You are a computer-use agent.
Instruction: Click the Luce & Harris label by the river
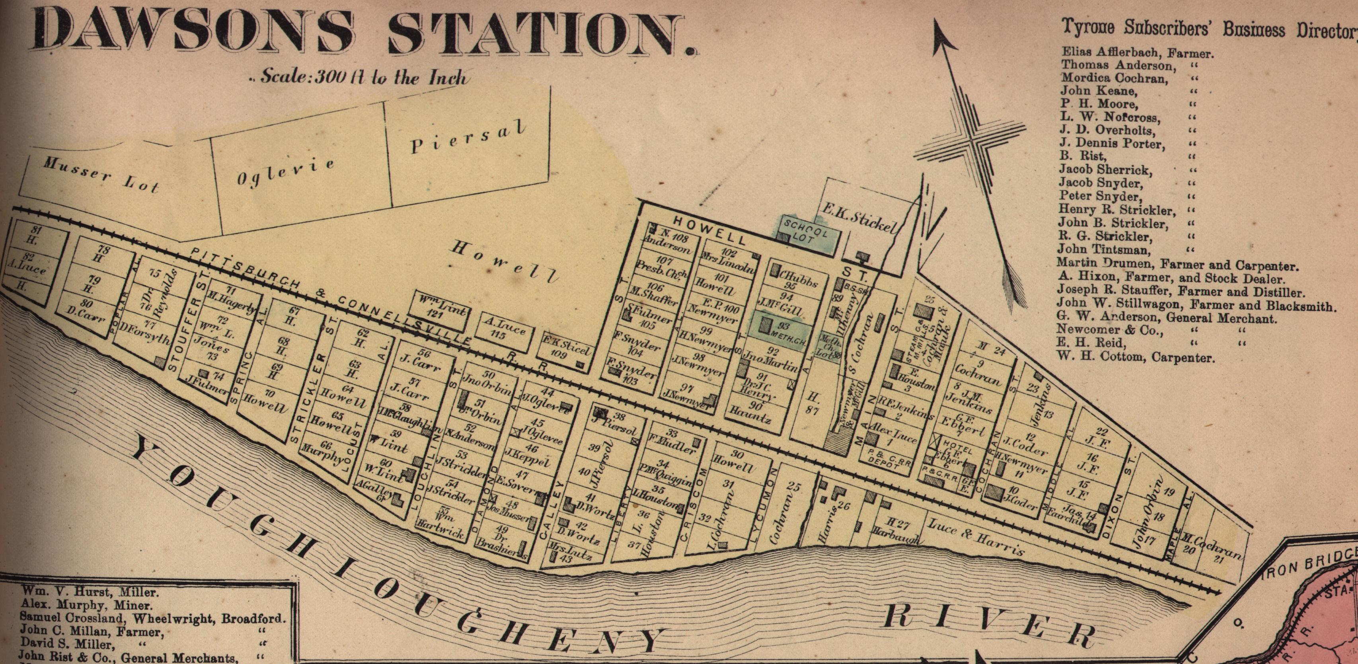(x=975, y=537)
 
